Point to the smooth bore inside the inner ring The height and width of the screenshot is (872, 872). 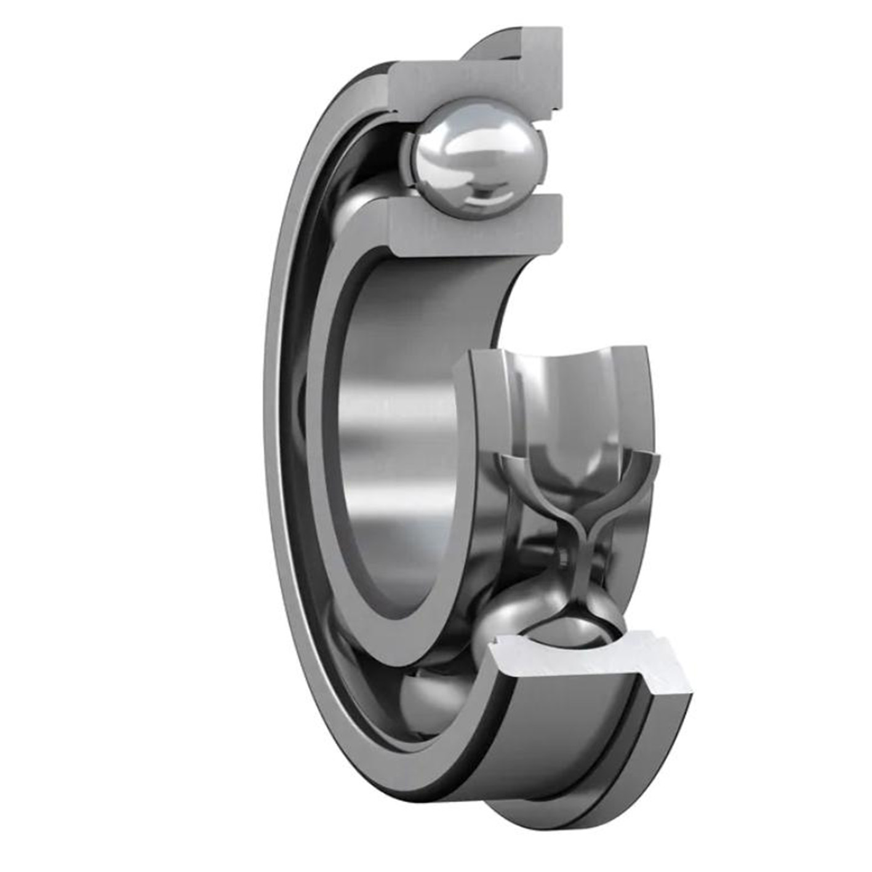(400, 431)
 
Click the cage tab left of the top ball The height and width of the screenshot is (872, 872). (407, 154)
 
